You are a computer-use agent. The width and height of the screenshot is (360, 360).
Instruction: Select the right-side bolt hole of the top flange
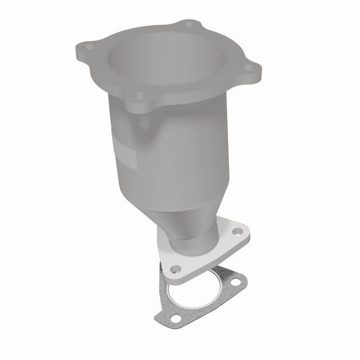(x=246, y=68)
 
